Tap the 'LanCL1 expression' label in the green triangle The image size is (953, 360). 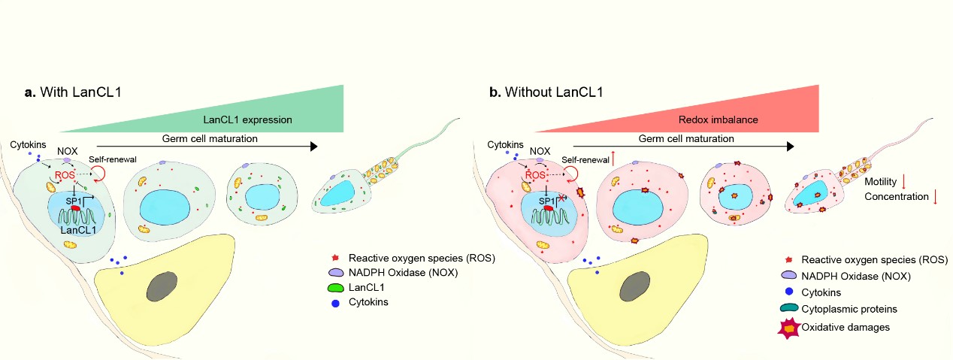(248, 119)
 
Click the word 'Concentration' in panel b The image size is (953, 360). (896, 198)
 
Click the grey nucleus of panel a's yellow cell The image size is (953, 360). (163, 288)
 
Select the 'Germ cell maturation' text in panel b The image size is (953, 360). (685, 138)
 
